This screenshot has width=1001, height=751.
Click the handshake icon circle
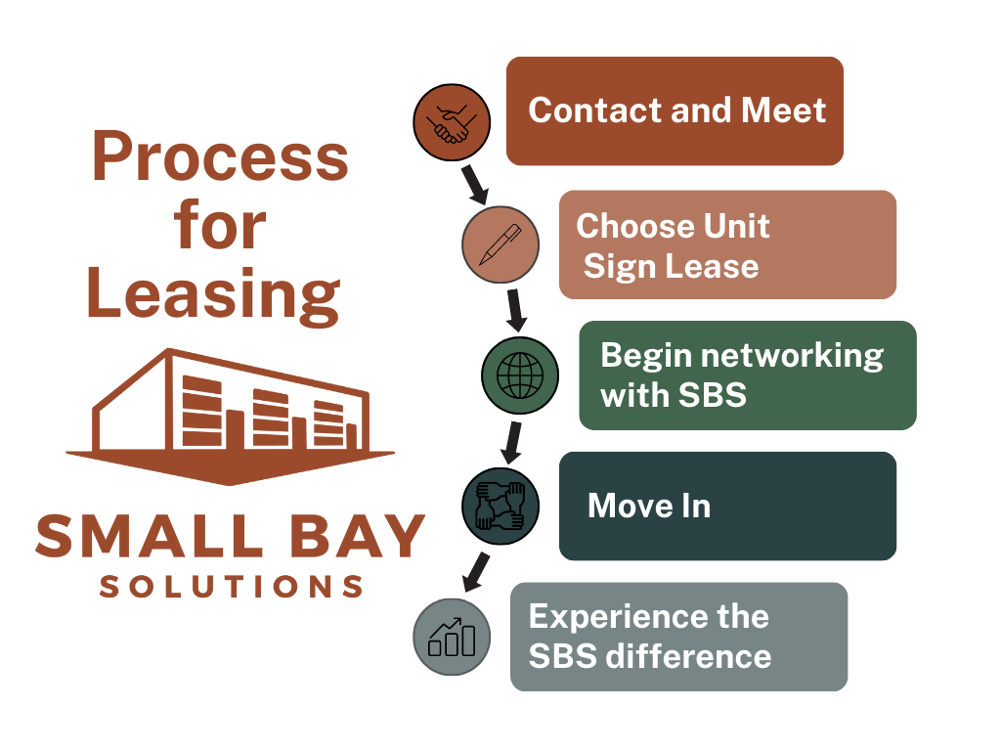pyautogui.click(x=451, y=121)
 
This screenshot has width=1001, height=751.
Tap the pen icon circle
pyautogui.click(x=500, y=244)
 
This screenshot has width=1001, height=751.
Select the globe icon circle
pyautogui.click(x=520, y=375)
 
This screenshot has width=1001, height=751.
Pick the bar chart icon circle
pyautogui.click(x=452, y=636)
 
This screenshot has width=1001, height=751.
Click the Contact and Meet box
pyautogui.click(x=675, y=110)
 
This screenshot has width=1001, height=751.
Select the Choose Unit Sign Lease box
pyautogui.click(x=727, y=244)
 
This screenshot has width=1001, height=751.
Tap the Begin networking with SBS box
pyautogui.click(x=748, y=375)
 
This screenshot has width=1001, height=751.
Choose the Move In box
pyautogui.click(x=727, y=506)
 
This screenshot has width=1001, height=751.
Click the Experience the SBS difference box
pyautogui.click(x=678, y=637)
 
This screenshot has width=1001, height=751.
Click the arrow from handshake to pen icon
pyautogui.click(x=474, y=183)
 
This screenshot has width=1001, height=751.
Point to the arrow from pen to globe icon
pyautogui.click(x=515, y=310)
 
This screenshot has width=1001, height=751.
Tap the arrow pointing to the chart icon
pyautogui.click(x=476, y=570)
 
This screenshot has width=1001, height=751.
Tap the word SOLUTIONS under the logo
pyautogui.click(x=232, y=587)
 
